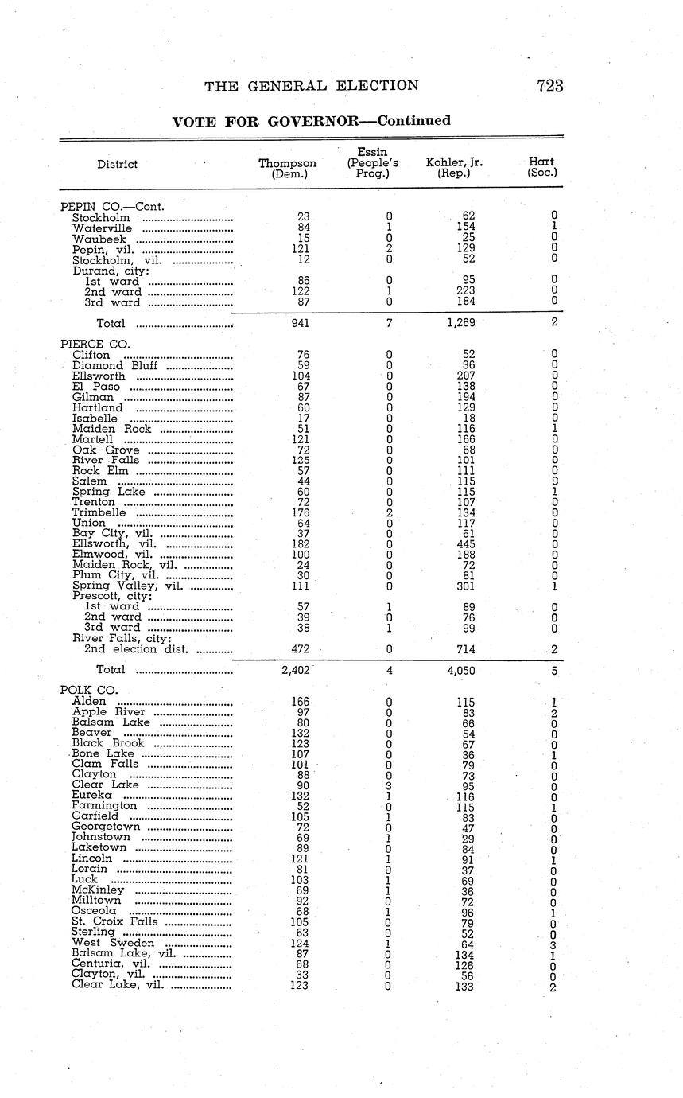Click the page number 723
(x=549, y=86)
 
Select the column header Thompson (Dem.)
(x=288, y=169)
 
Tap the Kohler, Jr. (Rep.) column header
(x=454, y=169)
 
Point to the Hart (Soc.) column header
(x=541, y=167)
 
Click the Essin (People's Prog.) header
(x=372, y=162)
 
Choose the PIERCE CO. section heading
(x=95, y=344)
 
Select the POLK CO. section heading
(x=89, y=690)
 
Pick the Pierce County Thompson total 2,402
(x=295, y=671)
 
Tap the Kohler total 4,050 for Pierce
(x=461, y=671)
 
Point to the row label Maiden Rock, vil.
(x=113, y=565)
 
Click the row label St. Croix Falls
(x=114, y=921)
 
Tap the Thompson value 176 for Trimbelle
(x=300, y=513)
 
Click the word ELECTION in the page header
(x=378, y=86)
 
